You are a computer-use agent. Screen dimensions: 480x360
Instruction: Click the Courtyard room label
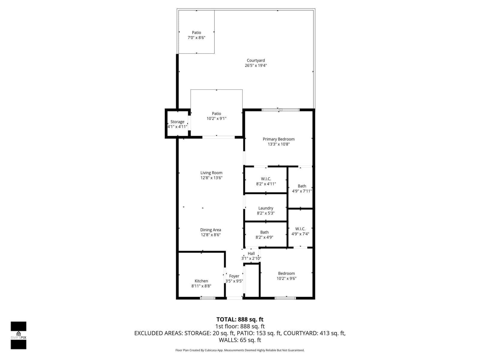tap(255, 60)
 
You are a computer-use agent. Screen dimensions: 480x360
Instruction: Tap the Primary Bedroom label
tap(278, 139)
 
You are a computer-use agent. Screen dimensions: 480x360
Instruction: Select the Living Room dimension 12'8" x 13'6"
tap(211, 178)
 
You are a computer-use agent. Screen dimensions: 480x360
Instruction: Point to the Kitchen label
tap(201, 281)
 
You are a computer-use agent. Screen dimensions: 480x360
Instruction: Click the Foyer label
tap(234, 276)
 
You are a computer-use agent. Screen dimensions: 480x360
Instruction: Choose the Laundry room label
tap(265, 208)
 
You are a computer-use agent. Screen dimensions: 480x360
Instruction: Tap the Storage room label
tap(177, 122)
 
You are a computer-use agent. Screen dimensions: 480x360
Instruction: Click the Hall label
tap(251, 253)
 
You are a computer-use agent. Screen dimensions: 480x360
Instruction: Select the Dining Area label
tap(211, 230)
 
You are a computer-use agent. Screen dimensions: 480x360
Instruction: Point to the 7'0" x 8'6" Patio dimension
tap(196, 37)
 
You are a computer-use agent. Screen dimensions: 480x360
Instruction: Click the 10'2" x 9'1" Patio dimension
tap(216, 118)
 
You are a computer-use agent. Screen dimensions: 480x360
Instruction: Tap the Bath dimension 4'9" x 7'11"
tap(302, 191)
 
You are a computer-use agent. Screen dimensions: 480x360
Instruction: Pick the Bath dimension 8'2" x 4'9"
tap(264, 237)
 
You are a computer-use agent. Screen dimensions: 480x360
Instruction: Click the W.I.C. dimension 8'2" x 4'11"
tap(266, 184)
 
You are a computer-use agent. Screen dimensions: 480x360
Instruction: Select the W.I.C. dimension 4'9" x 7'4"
tap(300, 234)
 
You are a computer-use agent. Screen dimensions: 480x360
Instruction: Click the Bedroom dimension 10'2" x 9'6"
tap(286, 278)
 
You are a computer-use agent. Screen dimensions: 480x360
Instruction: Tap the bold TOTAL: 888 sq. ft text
tap(240, 319)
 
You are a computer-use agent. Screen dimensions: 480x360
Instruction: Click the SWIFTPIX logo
tap(18, 335)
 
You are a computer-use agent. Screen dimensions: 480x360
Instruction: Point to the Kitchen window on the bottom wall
tap(208, 298)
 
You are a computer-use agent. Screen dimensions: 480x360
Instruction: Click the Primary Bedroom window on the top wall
tap(280, 110)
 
